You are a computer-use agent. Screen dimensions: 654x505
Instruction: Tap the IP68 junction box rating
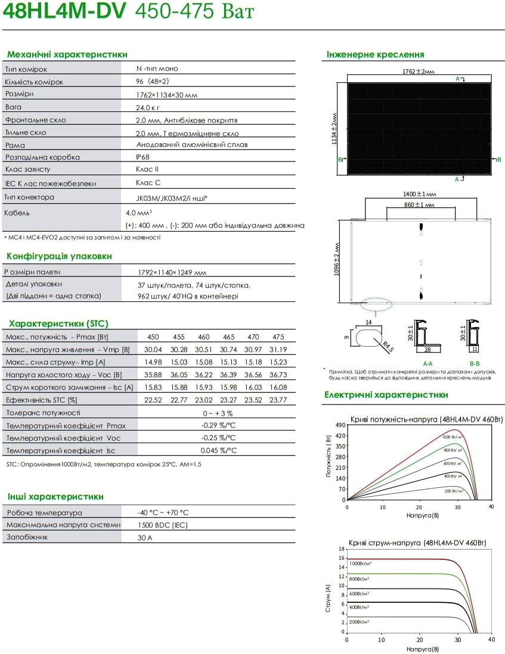pos(142,157)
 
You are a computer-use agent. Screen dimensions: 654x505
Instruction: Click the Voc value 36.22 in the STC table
pos(203,375)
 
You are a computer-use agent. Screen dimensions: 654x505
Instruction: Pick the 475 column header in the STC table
pos(278,337)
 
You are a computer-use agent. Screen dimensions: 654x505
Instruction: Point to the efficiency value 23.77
pos(278,400)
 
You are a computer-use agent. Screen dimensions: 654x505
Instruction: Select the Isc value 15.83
pos(154,387)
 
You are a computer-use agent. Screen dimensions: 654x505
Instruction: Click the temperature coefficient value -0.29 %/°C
pos(218,425)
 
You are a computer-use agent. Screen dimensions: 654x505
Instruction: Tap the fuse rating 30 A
pos(145,537)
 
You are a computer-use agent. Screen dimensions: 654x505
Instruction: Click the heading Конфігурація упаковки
pos(59,257)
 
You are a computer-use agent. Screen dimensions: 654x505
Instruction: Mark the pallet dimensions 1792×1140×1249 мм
pos(172,272)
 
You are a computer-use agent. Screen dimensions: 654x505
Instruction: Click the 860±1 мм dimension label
pos(420,204)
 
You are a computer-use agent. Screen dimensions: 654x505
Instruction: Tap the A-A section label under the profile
pos(427,363)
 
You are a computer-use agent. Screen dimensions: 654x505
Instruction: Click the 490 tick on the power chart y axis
pos(340,425)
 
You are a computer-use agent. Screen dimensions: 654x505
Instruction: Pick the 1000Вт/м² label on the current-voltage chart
pos(360,563)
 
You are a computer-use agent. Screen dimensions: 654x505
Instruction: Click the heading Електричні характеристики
pos(386,394)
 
